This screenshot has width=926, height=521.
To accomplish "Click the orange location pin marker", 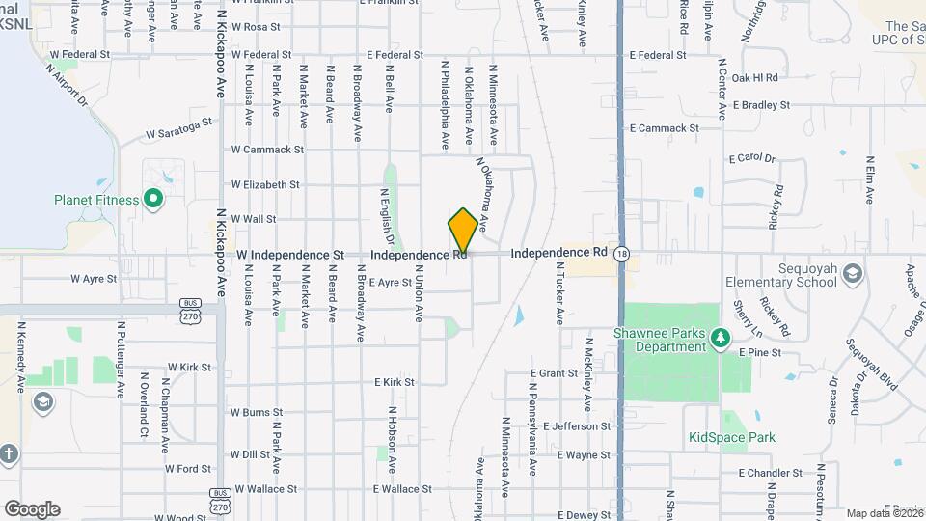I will click(463, 233).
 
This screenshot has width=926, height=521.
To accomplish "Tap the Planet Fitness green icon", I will click(152, 200).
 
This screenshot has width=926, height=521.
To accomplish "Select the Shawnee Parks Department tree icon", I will click(719, 338).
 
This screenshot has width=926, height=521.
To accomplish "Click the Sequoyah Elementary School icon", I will click(852, 275).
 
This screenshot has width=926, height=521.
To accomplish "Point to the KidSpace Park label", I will click(732, 437).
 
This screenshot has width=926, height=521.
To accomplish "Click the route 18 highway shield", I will click(624, 254).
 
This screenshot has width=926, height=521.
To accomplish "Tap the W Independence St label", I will click(290, 254).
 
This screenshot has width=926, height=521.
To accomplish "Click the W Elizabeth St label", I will click(265, 184).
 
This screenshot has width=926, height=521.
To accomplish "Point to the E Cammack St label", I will click(664, 127).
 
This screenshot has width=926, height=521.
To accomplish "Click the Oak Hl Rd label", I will click(754, 77).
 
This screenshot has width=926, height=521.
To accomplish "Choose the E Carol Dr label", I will click(752, 157).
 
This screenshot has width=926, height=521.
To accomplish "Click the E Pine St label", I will click(759, 353).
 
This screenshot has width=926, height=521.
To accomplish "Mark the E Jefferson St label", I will click(577, 425).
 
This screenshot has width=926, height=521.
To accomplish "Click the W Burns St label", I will click(249, 412).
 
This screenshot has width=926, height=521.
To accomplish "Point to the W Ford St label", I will click(187, 469).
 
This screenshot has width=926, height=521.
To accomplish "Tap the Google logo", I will click(32, 508).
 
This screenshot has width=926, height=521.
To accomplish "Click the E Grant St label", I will click(554, 372).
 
